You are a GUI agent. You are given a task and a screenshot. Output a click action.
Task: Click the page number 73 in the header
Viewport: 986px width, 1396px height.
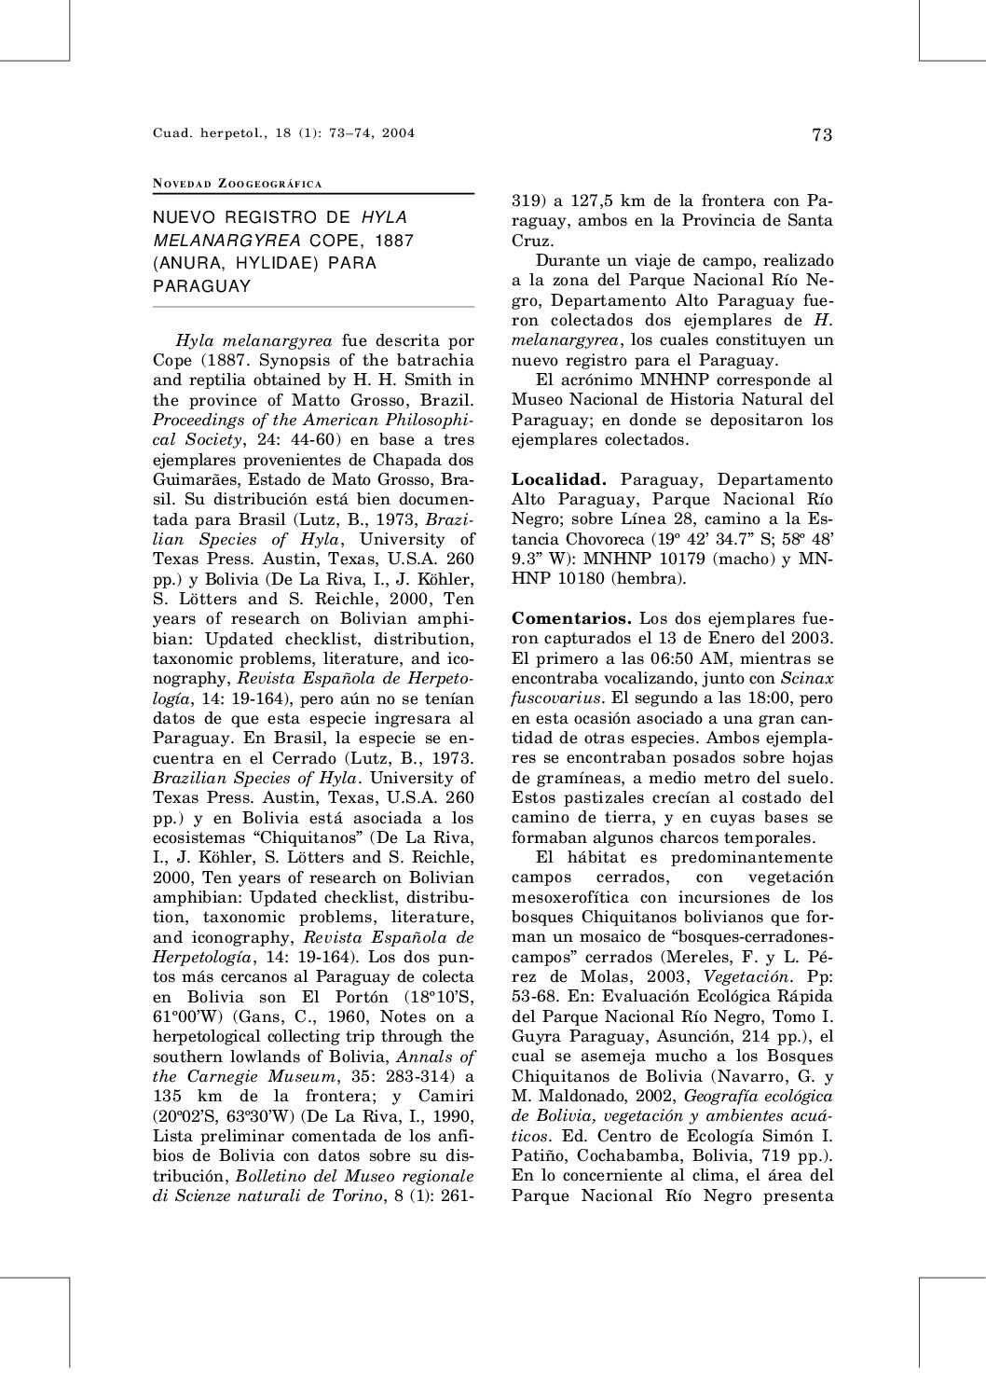(821, 135)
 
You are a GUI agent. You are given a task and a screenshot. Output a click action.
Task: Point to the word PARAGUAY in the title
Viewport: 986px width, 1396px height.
(202, 286)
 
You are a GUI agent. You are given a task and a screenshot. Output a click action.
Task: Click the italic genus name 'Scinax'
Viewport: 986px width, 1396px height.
(806, 679)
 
